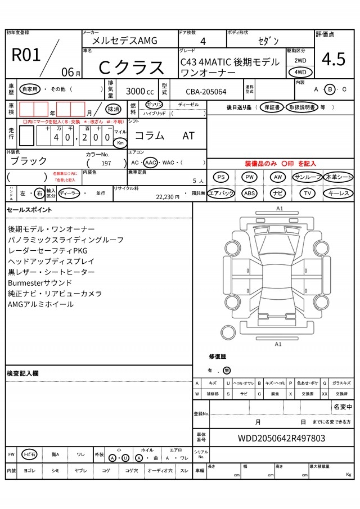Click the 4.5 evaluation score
pos(334,60)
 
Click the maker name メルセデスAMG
pos(125,40)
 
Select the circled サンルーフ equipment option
pos(307,177)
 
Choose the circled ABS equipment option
pos(250,193)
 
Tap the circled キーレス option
pos(338,193)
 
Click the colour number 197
pos(106,163)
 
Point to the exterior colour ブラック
pos(29,161)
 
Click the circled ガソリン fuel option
pos(154,105)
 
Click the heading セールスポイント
pos(29,210)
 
